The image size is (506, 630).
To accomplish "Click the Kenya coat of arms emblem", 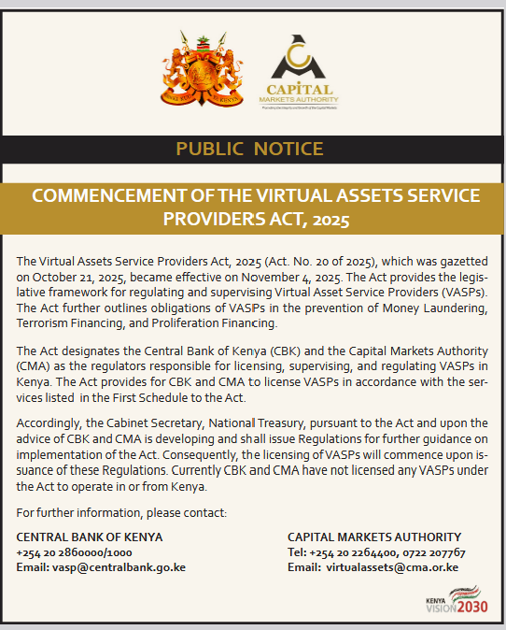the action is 198,71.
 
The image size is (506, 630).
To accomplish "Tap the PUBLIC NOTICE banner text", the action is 249,149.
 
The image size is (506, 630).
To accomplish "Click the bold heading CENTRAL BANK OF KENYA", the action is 90,537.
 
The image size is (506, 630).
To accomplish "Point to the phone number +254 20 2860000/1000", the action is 74,551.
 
